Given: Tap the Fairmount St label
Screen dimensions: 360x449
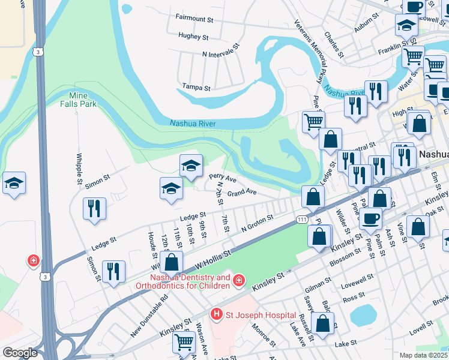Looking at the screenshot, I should (194, 19).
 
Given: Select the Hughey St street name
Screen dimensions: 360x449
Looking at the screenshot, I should (193, 37).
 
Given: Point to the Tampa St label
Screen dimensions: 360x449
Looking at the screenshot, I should (196, 88).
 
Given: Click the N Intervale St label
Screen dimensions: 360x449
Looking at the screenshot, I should (220, 50).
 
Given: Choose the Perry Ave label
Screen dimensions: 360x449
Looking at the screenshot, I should (222, 178).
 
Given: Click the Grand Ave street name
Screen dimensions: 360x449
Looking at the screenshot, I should (242, 193).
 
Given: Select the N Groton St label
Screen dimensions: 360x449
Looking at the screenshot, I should (257, 223).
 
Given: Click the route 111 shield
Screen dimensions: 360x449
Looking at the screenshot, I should (302, 221).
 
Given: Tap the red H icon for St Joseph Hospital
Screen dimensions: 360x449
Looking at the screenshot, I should (216, 314).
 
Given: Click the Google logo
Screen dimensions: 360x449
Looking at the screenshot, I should (20, 353).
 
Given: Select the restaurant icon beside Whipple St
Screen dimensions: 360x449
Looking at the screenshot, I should (94, 209).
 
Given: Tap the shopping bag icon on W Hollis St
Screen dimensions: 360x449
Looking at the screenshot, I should (172, 262).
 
